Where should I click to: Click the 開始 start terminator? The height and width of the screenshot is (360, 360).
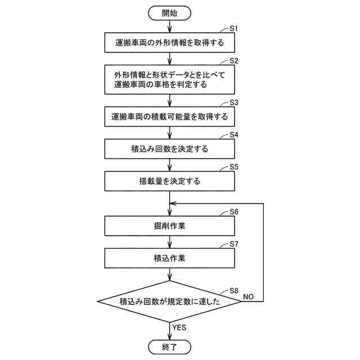click(169, 12)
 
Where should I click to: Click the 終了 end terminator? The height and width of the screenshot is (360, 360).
click(169, 346)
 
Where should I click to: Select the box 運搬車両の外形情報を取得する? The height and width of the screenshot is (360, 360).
click(169, 42)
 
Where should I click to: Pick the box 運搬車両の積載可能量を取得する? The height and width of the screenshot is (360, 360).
click(169, 118)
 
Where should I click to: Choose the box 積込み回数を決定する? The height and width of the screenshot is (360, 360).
click(169, 150)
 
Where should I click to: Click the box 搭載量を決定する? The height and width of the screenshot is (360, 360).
click(169, 182)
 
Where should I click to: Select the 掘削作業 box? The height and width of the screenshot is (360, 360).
click(169, 226)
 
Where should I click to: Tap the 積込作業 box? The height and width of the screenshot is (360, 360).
click(169, 259)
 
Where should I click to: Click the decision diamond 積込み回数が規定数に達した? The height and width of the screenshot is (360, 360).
click(169, 301)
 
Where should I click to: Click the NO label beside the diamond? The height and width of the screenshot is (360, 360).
click(248, 295)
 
